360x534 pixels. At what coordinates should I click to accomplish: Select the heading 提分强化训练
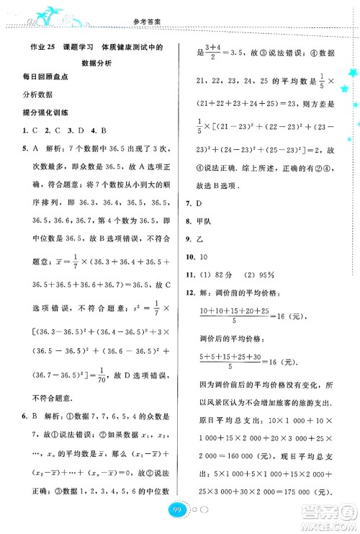(x=43, y=112)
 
